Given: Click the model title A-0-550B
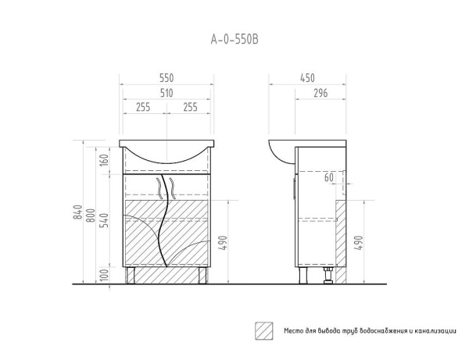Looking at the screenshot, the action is [234, 39].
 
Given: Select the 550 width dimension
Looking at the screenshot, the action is [166, 78].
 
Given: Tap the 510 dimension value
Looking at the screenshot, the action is [166, 93].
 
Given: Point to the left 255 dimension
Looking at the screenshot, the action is [143, 107].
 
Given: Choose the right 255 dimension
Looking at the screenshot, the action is [190, 107].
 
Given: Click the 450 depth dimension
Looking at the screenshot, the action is [307, 78].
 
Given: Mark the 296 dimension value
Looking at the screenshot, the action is [320, 93].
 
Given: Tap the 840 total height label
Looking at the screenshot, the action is [77, 212].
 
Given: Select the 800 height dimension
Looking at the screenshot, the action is [91, 216].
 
